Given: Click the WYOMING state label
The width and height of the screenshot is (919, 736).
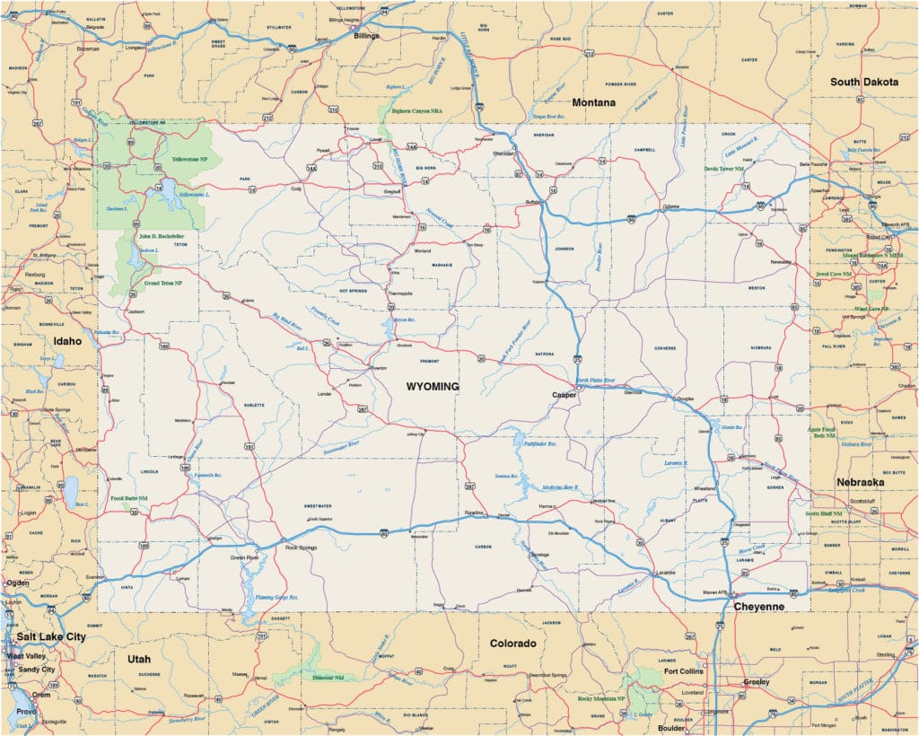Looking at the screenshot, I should point(433,386).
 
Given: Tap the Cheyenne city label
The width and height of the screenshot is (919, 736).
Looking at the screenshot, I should point(759,607).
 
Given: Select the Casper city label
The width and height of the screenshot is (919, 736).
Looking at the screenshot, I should point(564,395).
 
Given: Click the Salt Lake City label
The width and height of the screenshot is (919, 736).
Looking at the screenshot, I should point(49,636).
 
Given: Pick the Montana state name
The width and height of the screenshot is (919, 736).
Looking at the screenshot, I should point(593,102).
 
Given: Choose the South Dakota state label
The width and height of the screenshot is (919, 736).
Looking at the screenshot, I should point(863,82).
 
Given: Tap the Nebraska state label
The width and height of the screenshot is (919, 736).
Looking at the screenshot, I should point(860,482).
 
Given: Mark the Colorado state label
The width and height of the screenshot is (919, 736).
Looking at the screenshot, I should point(512,644).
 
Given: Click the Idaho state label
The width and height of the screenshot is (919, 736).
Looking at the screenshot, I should point(66,341).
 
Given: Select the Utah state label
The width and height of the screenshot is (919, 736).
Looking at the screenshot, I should point(138,659).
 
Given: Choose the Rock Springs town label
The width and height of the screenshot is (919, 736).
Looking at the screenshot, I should point(301,548).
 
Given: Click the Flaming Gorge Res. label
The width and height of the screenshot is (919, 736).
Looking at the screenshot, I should point(276,597).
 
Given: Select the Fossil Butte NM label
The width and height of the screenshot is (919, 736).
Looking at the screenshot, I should point(130,497).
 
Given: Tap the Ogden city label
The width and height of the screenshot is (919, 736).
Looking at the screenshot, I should point(18,583).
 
